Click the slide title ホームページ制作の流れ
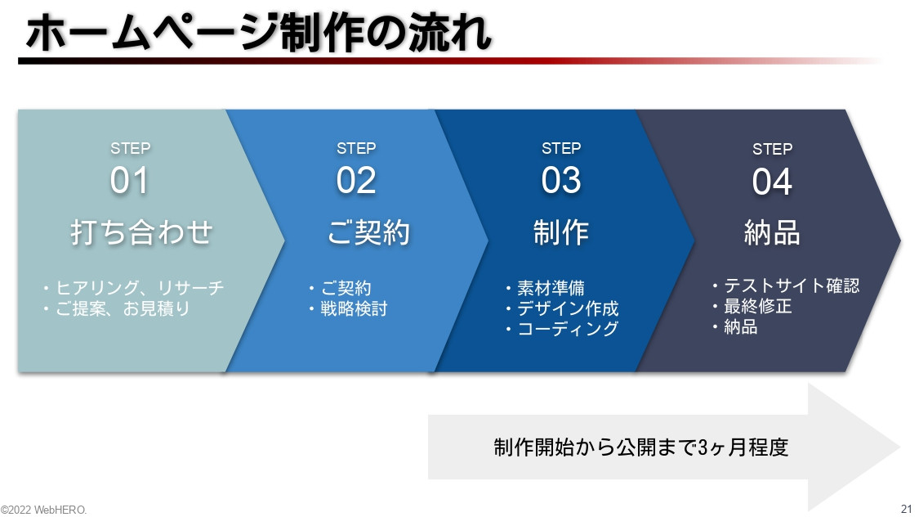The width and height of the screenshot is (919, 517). (x=258, y=34)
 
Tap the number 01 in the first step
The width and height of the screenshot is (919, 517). (x=130, y=181)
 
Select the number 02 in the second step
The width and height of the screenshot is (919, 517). (x=356, y=181)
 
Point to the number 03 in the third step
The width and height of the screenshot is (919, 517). (x=561, y=181)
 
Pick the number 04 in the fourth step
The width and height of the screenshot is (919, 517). (x=772, y=182)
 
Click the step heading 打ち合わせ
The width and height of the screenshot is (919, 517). (x=141, y=233)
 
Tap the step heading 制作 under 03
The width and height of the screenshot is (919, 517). (x=561, y=233)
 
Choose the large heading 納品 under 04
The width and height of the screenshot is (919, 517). (x=772, y=233)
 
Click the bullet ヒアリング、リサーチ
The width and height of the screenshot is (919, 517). (x=139, y=288)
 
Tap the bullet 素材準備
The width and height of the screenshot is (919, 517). (x=551, y=288)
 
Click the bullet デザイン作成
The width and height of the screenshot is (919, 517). (x=568, y=308)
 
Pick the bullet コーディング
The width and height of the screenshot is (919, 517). (x=568, y=329)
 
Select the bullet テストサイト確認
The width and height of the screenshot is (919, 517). (x=791, y=285)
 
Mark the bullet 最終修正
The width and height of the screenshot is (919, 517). (x=757, y=307)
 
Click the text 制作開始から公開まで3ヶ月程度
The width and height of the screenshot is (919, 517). (x=641, y=447)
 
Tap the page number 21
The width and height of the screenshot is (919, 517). (x=906, y=508)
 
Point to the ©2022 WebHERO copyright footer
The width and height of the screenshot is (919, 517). (x=43, y=510)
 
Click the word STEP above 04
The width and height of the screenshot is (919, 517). (x=772, y=149)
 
